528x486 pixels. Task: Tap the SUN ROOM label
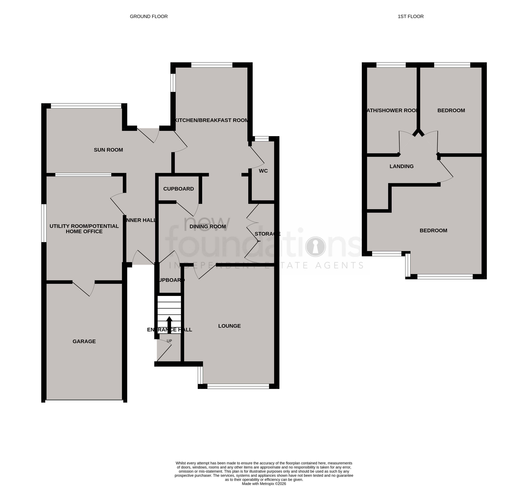108,150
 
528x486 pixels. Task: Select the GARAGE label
84,341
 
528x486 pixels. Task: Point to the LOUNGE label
229,326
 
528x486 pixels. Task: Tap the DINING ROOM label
208,226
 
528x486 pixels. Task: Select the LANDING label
402,166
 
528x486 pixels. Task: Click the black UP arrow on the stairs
169,324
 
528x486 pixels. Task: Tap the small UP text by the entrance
169,341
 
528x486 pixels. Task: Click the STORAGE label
267,234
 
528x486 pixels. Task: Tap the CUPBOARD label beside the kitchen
178,189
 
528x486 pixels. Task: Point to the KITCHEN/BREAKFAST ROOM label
212,120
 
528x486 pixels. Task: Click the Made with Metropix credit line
264,484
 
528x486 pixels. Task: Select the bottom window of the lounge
238,386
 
